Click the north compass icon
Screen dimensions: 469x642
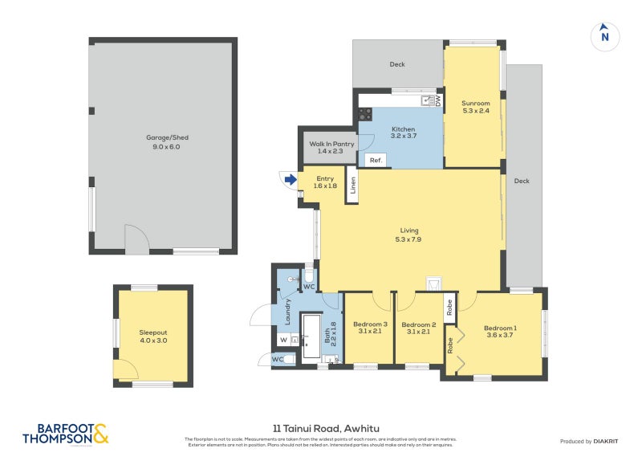[x=605, y=35]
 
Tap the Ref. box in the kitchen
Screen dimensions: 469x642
[x=375, y=161]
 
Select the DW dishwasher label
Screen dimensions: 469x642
[x=438, y=100]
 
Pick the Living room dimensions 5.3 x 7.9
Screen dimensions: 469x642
[x=408, y=239]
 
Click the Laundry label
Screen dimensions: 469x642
[x=286, y=310]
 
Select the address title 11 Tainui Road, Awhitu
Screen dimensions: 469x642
[x=320, y=428]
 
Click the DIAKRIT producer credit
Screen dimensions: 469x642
[x=604, y=441]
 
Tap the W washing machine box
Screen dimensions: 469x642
[x=283, y=340]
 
